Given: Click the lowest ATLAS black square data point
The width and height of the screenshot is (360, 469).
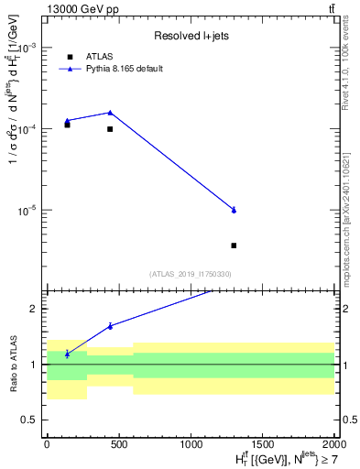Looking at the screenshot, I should click(x=235, y=245).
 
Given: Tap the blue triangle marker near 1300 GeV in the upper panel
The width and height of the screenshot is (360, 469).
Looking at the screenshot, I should click(x=235, y=210).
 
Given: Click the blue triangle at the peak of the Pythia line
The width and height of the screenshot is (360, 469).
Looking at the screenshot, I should click(x=110, y=113).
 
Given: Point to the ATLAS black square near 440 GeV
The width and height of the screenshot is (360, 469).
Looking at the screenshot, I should click(x=110, y=129).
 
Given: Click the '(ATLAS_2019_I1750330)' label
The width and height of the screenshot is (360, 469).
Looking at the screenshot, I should click(x=190, y=274).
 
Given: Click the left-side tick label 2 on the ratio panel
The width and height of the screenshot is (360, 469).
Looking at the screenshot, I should click(x=34, y=310).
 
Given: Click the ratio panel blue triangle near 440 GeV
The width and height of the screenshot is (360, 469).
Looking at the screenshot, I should click(x=110, y=326).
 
